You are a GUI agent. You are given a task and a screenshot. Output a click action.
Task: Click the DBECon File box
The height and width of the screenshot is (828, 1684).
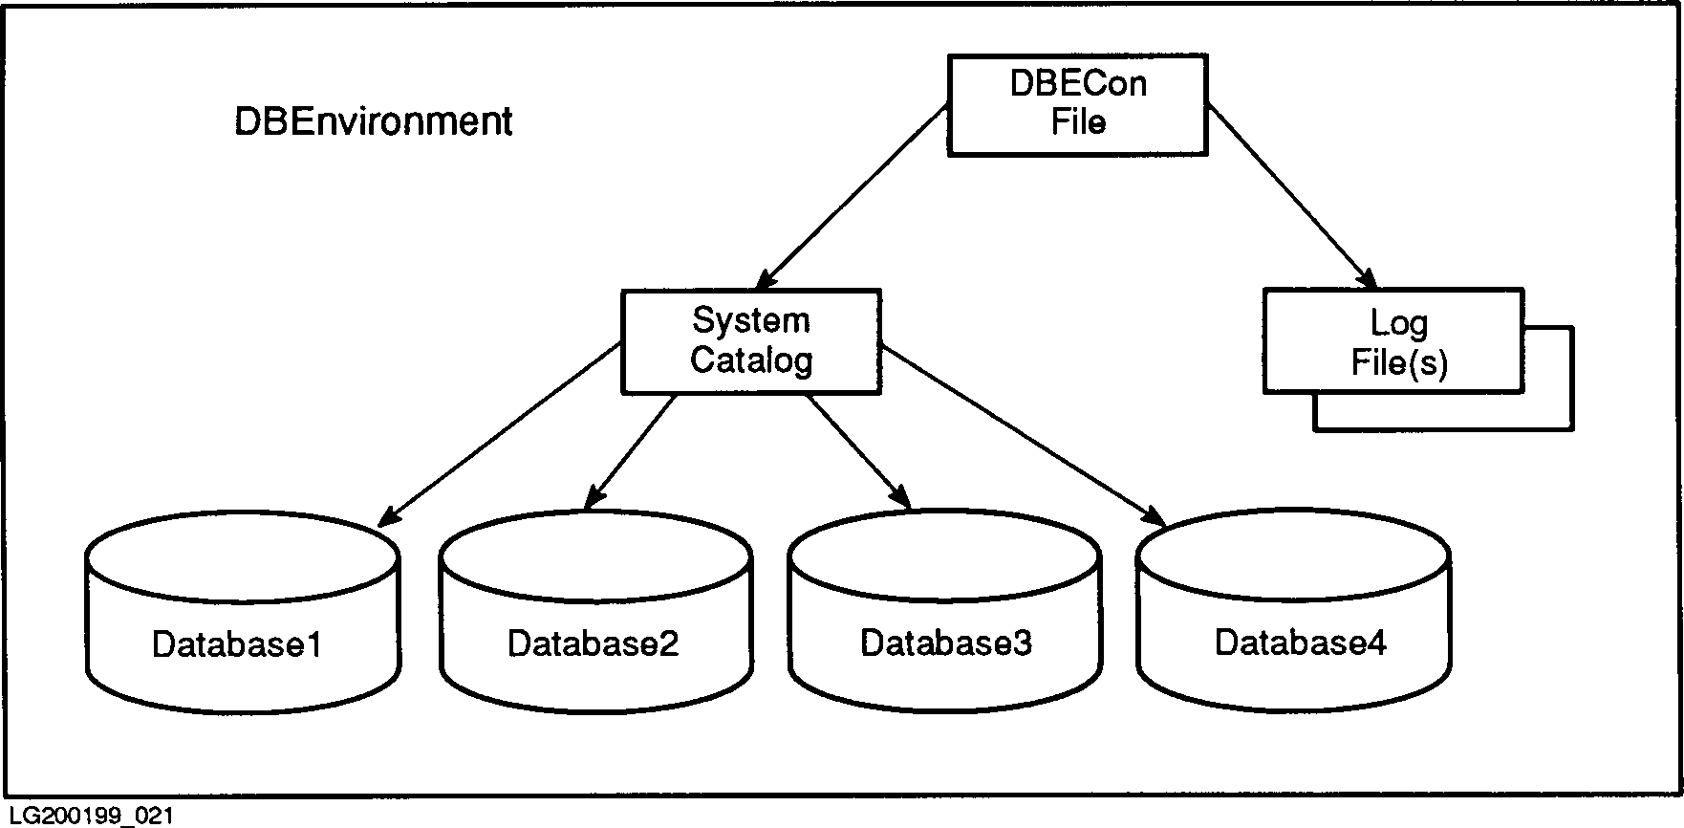click(x=1077, y=104)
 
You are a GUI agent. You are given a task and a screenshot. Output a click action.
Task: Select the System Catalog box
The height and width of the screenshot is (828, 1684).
click(x=751, y=341)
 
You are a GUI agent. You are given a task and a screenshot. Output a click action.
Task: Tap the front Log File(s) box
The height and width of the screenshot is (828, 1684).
click(x=1393, y=341)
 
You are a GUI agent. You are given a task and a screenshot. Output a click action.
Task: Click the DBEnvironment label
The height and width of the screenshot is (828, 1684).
click(x=374, y=122)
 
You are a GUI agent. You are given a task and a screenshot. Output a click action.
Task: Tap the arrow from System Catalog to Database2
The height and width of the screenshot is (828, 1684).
click(x=631, y=449)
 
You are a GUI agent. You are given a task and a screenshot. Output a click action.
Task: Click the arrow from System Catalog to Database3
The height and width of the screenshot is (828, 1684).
click(x=858, y=449)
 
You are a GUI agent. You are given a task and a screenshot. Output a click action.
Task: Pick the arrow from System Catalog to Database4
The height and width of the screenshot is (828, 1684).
click(x=1023, y=435)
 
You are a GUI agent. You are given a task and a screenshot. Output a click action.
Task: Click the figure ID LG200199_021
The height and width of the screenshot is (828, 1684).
click(x=88, y=816)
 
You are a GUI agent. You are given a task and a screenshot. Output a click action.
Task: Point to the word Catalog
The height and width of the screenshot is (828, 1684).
click(x=751, y=360)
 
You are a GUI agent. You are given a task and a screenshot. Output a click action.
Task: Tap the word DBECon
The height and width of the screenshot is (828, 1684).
click(x=1078, y=84)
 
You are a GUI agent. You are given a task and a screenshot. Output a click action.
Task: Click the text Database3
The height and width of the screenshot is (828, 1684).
click(x=946, y=643)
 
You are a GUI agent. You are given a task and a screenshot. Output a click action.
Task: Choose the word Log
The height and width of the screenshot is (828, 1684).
click(x=1398, y=322)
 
